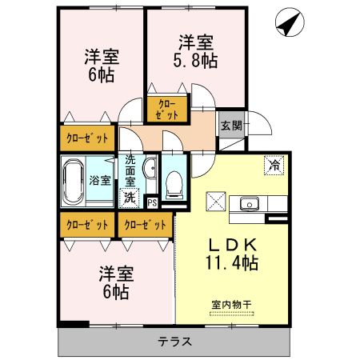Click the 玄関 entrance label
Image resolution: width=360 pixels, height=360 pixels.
pyautogui.click(x=232, y=126)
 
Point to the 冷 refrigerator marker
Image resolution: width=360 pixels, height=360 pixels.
pyautogui.click(x=274, y=165)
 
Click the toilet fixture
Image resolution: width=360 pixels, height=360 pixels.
pyautogui.click(x=173, y=186)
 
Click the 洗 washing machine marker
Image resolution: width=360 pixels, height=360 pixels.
pyautogui.click(x=128, y=196)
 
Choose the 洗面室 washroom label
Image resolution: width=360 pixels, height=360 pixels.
pyautogui.click(x=130, y=169)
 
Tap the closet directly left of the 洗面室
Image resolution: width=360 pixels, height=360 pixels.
pyautogui.click(x=86, y=138)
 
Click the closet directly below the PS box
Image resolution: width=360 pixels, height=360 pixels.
pyautogui.click(x=145, y=225)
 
